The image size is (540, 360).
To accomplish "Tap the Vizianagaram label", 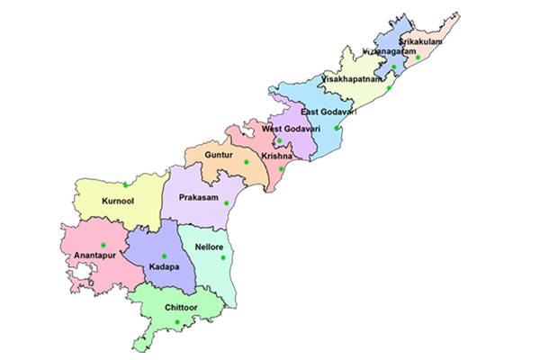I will coord(388,52).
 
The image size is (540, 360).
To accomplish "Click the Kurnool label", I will coord(118,202).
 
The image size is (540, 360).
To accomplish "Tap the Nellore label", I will coord(209,247).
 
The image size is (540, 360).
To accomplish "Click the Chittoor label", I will coord(182,308).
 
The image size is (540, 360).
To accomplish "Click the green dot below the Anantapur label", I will coord(103,246).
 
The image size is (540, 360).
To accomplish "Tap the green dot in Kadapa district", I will coord(164,256).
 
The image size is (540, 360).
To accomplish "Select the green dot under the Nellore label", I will coord(222,258).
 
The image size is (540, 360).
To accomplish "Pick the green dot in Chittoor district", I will coord(178,322).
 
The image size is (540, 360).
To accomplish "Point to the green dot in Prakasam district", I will coord(227,203).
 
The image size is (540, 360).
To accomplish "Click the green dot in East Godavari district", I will coord(337,128).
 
